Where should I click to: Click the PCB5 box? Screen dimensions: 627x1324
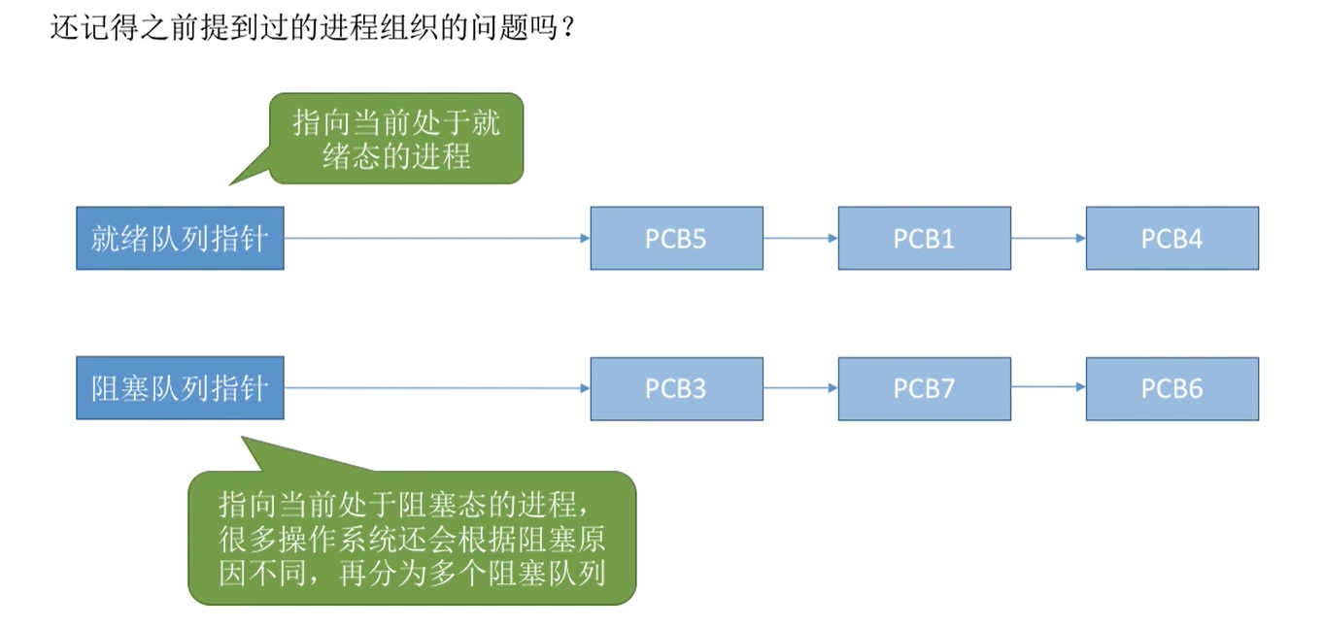coord(676,238)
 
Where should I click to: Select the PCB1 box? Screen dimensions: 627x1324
coord(924,238)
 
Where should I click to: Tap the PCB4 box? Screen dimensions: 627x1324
coord(1171,238)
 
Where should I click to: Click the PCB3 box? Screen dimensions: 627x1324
coord(676,388)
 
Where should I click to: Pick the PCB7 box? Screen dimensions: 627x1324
coord(924,388)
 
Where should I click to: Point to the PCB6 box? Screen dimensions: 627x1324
coord(1171,388)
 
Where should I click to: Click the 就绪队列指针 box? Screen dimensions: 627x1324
coord(180,238)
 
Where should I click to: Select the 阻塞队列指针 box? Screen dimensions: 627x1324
coord(180,388)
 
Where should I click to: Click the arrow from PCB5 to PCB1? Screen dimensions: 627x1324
coord(800,238)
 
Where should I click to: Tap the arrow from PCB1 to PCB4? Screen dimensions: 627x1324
coord(1048,238)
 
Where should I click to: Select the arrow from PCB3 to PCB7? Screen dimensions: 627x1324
coord(800,387)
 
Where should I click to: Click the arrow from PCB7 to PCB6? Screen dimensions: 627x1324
coord(1048,387)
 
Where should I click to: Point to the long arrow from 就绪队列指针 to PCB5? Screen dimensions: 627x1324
coord(437,238)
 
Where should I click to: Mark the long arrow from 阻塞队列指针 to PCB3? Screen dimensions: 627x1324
coord(437,388)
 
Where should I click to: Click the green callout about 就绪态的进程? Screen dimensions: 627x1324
coord(396,139)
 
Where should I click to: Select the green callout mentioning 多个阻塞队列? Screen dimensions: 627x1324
coord(412,539)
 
